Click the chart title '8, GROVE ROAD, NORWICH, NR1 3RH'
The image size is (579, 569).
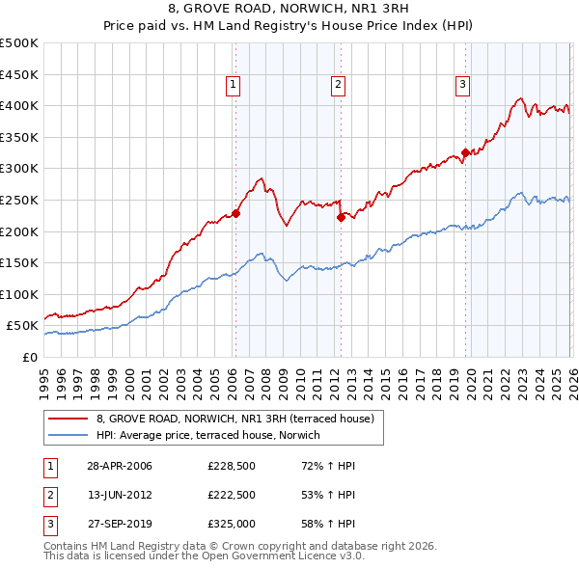tap(289, 11)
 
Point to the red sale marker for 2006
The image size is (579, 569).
tap(235, 214)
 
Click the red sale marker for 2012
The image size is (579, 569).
tap(341, 218)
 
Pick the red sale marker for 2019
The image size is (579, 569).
tap(465, 152)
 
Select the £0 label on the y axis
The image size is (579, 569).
tap(28, 357)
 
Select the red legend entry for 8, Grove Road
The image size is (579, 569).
tap(241, 419)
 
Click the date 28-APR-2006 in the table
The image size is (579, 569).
tap(120, 466)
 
